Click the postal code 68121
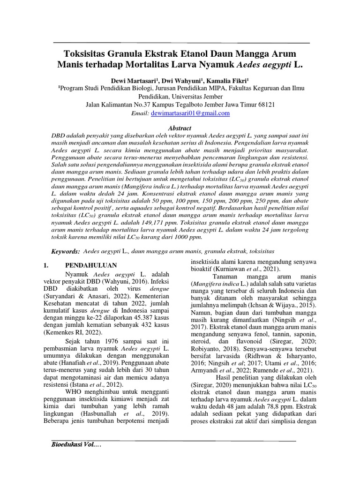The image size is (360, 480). tap(264, 105)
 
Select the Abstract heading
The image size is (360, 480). tap(180, 128)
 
